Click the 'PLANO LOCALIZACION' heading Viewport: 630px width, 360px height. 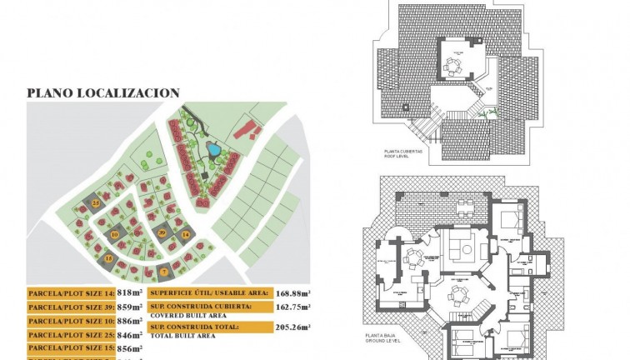[103, 92]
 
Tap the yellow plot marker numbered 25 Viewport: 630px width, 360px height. [96, 202]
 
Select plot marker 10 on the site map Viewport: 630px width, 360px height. [114, 235]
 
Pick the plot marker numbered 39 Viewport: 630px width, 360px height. [162, 232]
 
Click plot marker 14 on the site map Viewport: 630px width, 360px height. [185, 236]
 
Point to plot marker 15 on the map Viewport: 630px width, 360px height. [108, 259]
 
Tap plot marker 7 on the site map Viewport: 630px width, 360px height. [164, 271]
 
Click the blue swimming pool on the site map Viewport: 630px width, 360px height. [213, 150]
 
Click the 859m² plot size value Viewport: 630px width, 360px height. [130, 307]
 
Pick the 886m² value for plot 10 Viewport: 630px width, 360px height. [130, 321]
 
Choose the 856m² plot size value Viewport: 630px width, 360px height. [130, 347]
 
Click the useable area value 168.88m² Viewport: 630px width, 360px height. [292, 292]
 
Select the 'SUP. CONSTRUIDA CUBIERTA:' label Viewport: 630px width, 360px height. [196, 307]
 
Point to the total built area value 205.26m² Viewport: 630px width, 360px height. [292, 327]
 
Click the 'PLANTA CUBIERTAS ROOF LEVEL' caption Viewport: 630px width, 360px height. [403, 154]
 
